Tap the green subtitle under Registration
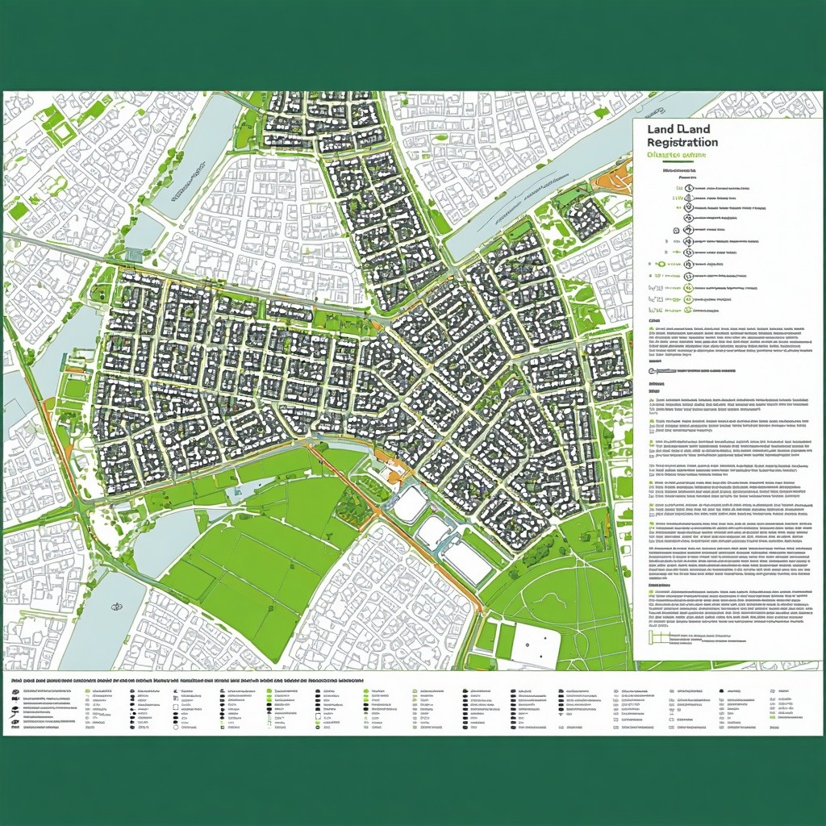click(676, 154)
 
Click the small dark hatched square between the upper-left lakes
click(134, 255)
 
